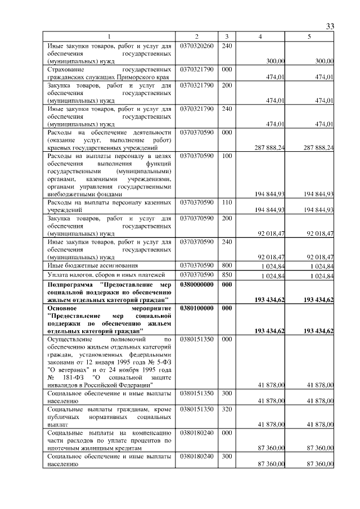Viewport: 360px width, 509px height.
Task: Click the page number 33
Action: [x=330, y=27]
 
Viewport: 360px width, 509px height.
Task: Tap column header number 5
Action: [x=309, y=37]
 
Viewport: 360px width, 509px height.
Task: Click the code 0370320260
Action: [x=197, y=46]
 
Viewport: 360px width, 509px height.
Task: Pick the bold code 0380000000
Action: [x=197, y=285]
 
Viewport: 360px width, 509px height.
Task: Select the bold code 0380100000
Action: [x=197, y=309]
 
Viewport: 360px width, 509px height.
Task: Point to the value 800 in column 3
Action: [x=226, y=265]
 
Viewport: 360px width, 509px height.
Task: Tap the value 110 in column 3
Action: [x=226, y=202]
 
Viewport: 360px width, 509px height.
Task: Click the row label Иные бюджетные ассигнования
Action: [x=93, y=265]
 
